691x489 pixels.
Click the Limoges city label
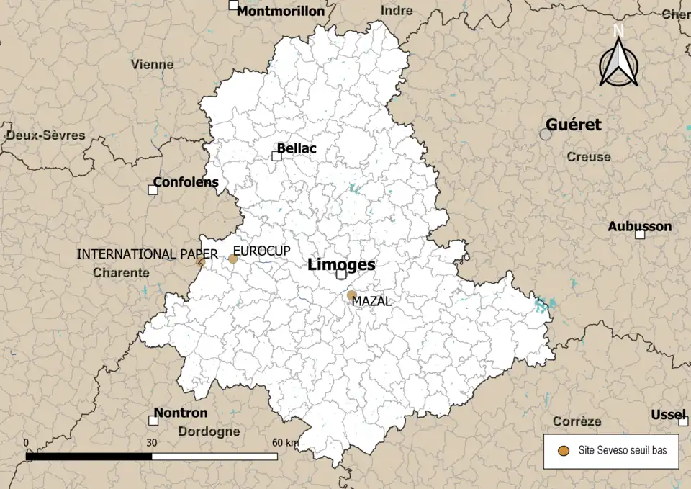[341, 264]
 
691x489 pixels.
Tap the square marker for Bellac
[276, 156]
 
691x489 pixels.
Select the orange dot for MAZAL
[351, 295]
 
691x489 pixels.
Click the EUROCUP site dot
[233, 259]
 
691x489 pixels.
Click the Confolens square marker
[153, 190]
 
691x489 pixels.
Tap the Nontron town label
[180, 413]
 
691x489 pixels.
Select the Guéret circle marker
[546, 134]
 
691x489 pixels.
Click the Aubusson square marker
[639, 234]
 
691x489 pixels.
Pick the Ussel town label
[669, 415]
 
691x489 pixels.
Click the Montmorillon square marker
[233, 6]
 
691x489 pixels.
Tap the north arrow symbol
[618, 60]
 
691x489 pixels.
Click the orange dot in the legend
[564, 452]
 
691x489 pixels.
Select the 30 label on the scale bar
[152, 442]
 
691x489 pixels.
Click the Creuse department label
[588, 156]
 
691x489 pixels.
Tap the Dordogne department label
[208, 431]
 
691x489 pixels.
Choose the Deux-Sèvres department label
[45, 135]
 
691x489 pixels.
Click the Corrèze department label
[577, 421]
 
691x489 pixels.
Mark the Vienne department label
[153, 64]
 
